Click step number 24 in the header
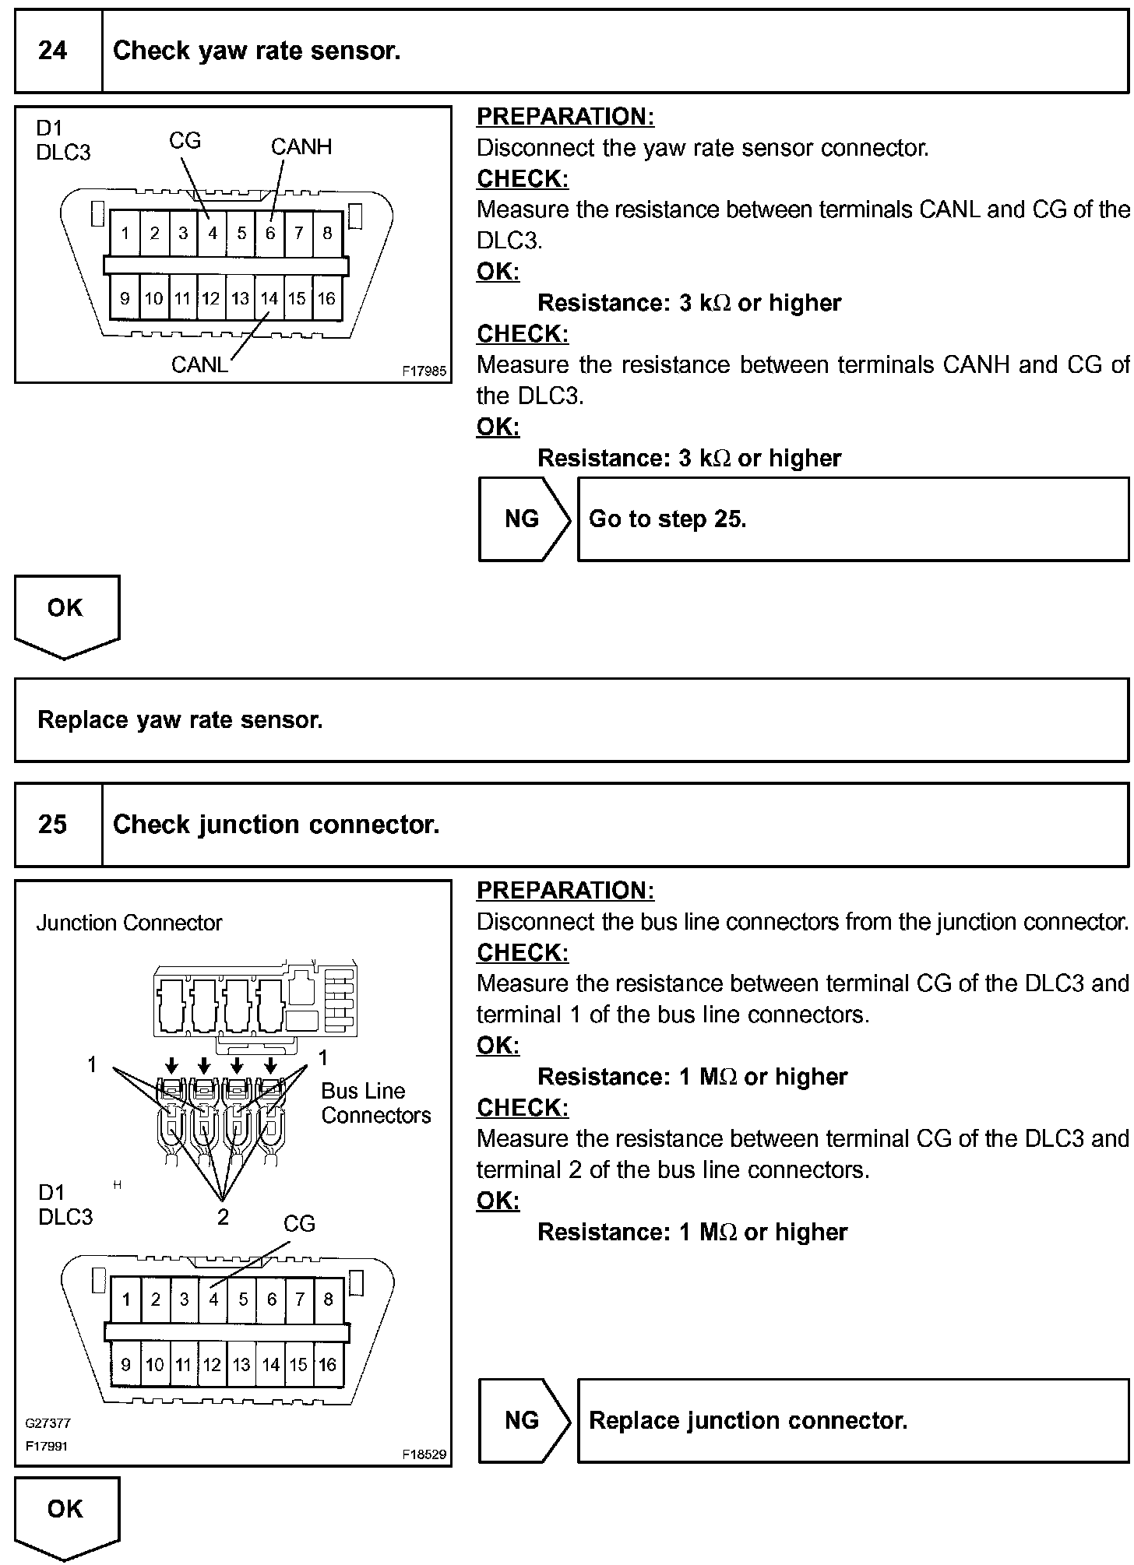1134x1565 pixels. click(x=52, y=51)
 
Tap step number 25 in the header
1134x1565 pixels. click(x=52, y=825)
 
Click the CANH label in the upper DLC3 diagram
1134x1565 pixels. click(x=301, y=146)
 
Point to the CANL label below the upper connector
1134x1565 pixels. click(x=199, y=364)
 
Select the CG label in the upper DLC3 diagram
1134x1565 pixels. click(x=185, y=140)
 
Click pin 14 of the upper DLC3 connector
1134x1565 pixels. click(x=269, y=298)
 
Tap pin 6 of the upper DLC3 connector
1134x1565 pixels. click(x=270, y=233)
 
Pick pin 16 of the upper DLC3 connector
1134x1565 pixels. click(x=326, y=298)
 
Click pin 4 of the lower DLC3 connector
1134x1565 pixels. click(x=213, y=1299)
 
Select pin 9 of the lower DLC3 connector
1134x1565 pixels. click(x=125, y=1364)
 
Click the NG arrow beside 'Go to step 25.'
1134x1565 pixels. click(x=523, y=519)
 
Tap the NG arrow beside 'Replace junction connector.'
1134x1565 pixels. click(x=523, y=1420)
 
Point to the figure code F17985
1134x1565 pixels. click(x=424, y=371)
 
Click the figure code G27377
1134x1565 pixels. click(x=48, y=1423)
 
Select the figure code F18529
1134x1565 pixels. click(x=424, y=1454)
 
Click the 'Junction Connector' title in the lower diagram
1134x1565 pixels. click(x=129, y=923)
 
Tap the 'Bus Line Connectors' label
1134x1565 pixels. click(x=375, y=1103)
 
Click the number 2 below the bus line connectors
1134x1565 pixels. click(x=223, y=1216)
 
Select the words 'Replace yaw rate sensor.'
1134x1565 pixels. click(x=180, y=719)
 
